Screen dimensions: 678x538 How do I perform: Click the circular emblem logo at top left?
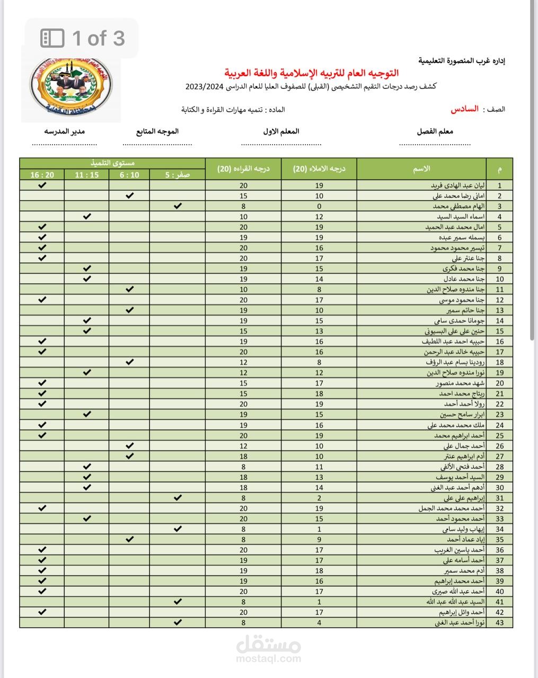click(x=70, y=88)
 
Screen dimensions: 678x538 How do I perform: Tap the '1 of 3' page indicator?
click(x=83, y=38)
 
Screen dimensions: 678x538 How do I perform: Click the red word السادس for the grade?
click(x=464, y=109)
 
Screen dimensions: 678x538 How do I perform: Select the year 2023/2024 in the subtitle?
click(x=204, y=87)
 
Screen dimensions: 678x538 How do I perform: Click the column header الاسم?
click(x=421, y=169)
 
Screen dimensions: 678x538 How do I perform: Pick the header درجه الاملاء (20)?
click(x=319, y=169)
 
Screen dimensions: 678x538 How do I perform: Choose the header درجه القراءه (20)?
click(x=243, y=169)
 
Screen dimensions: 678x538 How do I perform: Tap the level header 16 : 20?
click(x=42, y=175)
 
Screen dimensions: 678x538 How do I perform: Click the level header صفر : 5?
click(x=178, y=175)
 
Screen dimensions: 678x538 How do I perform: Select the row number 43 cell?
click(x=499, y=622)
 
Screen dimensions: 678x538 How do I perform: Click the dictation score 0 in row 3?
click(x=319, y=206)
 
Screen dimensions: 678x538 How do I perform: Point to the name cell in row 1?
click(x=424, y=185)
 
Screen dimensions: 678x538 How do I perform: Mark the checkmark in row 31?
click(x=178, y=497)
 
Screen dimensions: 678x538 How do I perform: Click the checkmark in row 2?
click(x=129, y=195)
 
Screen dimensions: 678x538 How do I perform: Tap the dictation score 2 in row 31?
click(x=319, y=498)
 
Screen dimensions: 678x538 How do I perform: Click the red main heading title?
click(x=311, y=73)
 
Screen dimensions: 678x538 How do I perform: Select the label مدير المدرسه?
click(x=64, y=131)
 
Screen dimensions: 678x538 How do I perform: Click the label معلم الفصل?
click(x=435, y=131)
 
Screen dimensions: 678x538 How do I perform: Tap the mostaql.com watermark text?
click(x=268, y=659)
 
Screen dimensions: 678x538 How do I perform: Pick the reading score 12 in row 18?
click(x=243, y=362)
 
